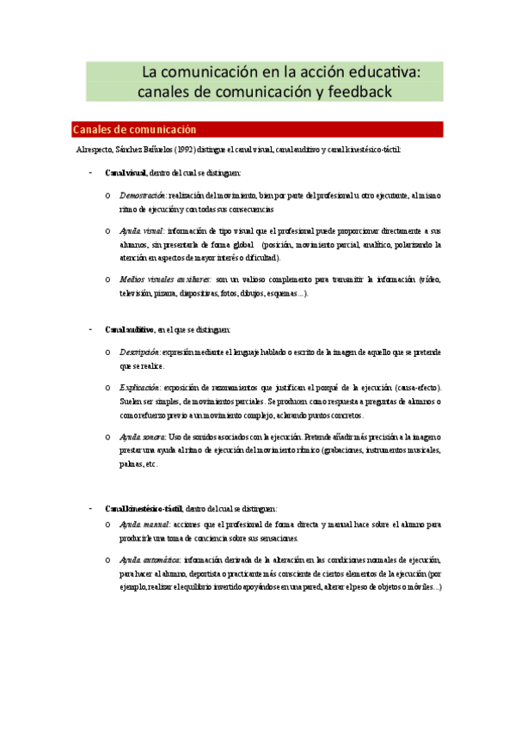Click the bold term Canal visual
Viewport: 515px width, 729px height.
coord(126,173)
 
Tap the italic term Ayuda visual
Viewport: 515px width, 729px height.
coord(141,231)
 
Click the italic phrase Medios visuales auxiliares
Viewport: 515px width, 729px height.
coord(165,279)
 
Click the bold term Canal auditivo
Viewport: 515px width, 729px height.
coord(130,329)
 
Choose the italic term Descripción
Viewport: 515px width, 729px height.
coord(140,352)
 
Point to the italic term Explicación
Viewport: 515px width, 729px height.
coord(140,388)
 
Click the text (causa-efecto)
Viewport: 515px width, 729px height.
coord(416,388)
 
